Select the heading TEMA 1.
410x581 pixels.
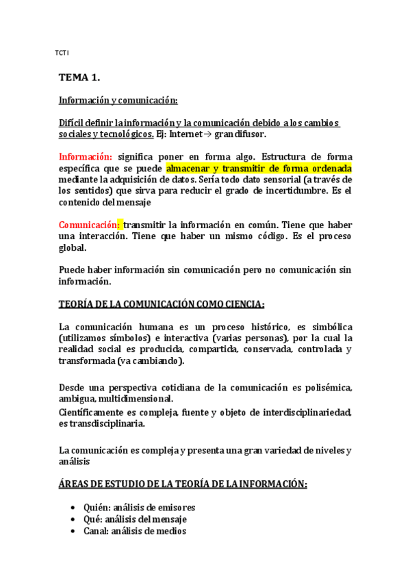(79, 79)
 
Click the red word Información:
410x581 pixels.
(85, 156)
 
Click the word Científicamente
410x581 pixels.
(93, 412)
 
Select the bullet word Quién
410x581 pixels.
(97, 508)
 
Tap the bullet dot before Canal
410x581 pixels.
(74, 531)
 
